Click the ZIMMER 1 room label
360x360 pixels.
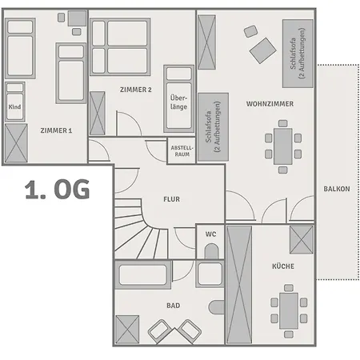56,130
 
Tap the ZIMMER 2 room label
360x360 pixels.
136,90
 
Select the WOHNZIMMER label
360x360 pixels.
270,104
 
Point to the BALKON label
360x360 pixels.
337,189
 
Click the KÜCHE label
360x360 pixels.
283,266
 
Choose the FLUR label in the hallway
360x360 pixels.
171,199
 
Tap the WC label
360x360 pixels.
210,234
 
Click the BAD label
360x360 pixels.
174,306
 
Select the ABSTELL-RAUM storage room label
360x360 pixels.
182,151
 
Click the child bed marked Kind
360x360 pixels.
15,102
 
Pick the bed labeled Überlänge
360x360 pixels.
178,99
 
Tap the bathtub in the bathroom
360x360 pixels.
143,275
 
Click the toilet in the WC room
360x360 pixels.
211,251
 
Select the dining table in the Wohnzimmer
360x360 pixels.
283,146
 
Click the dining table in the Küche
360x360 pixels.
289,311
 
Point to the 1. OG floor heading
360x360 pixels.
58,189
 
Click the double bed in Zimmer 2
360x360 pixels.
120,47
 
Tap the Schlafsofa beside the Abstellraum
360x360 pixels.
213,127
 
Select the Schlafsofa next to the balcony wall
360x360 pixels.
298,54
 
